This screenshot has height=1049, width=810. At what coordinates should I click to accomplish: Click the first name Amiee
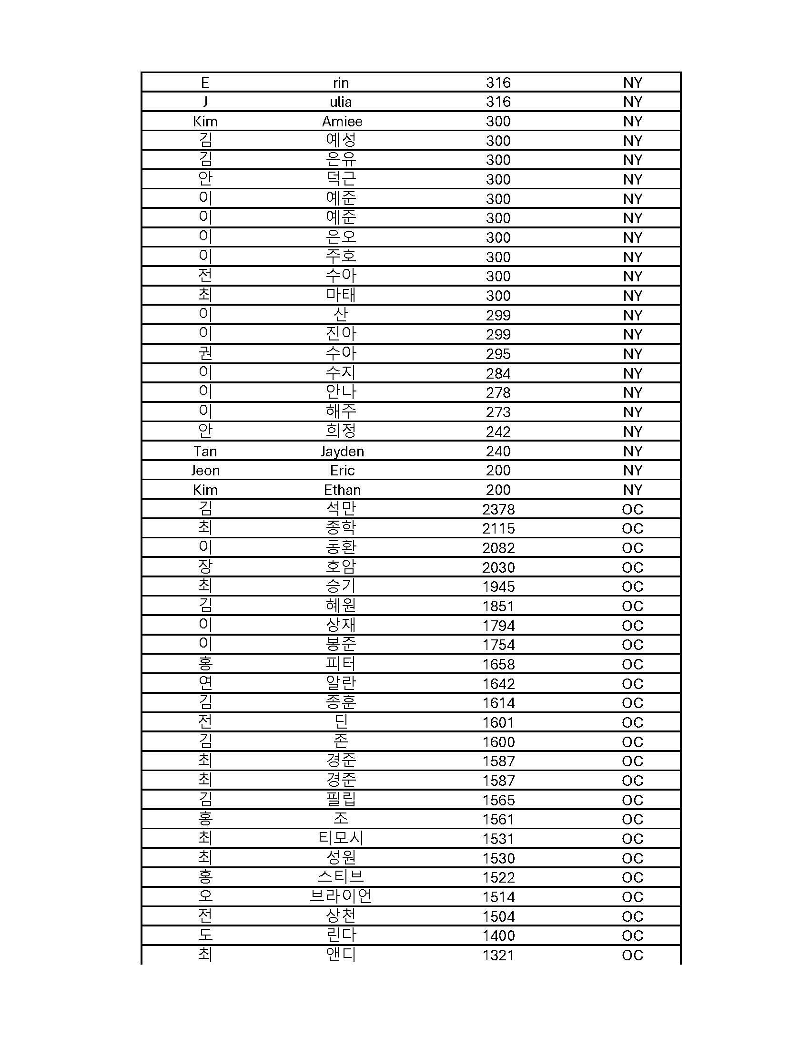342,122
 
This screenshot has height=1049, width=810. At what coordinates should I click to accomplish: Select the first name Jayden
342,452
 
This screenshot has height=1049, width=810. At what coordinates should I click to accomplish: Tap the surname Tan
205,452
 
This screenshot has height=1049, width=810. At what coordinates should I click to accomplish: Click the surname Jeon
205,471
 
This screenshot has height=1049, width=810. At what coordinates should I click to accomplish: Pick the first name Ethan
342,490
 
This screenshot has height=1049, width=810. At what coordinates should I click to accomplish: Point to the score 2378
498,510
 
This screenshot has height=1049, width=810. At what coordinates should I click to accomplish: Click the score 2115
498,529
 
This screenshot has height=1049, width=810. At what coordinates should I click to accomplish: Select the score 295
497,354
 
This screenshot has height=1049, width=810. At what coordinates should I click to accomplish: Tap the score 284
497,374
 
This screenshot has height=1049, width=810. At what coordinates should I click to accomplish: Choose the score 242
497,432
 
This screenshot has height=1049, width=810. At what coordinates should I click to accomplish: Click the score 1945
498,587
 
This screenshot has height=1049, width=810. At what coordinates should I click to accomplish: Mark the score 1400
498,936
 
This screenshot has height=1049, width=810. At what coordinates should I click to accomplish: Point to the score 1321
498,956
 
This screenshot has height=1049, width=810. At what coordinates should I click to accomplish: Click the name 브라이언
341,897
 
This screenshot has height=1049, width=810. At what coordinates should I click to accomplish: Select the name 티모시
341,839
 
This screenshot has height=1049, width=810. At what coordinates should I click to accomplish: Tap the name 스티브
341,877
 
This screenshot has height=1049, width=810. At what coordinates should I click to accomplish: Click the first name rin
341,83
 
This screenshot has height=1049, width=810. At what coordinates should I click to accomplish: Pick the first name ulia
341,102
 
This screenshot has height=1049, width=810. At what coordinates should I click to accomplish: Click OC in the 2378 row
632,510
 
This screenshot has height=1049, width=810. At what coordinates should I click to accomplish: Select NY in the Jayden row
632,452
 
